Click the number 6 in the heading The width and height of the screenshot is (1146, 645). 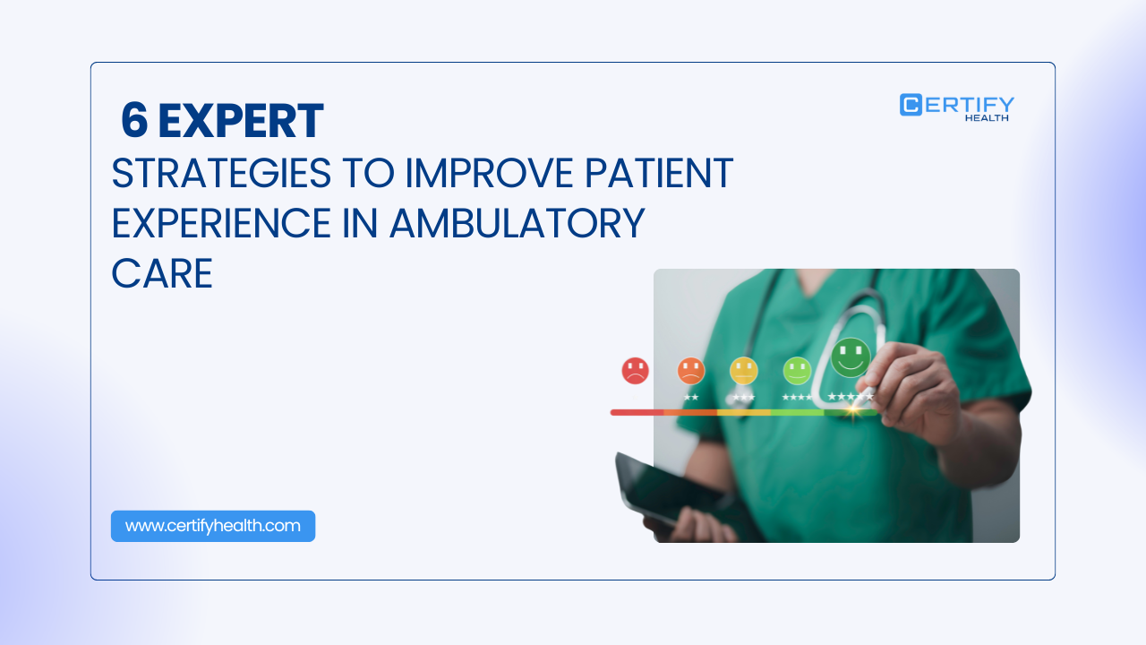(x=134, y=121)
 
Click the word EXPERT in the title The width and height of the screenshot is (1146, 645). (x=241, y=121)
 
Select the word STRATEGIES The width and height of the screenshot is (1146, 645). (x=221, y=173)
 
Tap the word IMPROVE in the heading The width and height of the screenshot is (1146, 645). (x=489, y=173)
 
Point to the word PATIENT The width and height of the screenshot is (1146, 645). (x=659, y=173)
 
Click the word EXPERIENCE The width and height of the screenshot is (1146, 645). (x=221, y=223)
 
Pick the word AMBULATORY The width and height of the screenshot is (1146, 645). (x=517, y=223)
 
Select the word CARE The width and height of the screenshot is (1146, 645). (x=162, y=273)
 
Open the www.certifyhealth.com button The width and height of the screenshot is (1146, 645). (x=213, y=526)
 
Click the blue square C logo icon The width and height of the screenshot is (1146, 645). (x=911, y=105)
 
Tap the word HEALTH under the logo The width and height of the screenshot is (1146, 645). (x=987, y=117)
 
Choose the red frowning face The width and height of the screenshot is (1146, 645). (x=635, y=371)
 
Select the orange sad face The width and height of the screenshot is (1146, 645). (x=690, y=371)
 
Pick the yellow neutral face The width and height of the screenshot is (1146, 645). (x=743, y=371)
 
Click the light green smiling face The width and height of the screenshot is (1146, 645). (x=797, y=371)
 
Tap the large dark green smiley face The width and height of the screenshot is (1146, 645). (x=851, y=357)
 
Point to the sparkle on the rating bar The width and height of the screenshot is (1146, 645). (x=853, y=410)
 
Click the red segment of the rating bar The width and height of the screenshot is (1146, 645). (x=637, y=413)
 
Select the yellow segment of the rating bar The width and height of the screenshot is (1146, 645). (x=744, y=413)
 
